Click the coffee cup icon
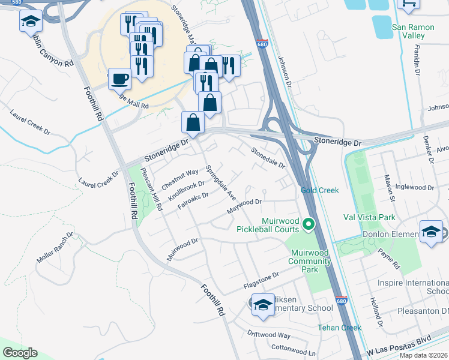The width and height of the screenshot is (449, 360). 119,78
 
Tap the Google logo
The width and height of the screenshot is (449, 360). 20,353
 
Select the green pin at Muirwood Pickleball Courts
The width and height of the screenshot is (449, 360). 309,225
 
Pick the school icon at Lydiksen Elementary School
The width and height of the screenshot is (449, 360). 263,304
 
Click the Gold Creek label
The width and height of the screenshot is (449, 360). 319,190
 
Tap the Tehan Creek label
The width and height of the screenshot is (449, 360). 339,328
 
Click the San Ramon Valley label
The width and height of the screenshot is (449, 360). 416,31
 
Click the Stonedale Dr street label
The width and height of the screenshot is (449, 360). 267,157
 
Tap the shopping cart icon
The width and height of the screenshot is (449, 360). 409,5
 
